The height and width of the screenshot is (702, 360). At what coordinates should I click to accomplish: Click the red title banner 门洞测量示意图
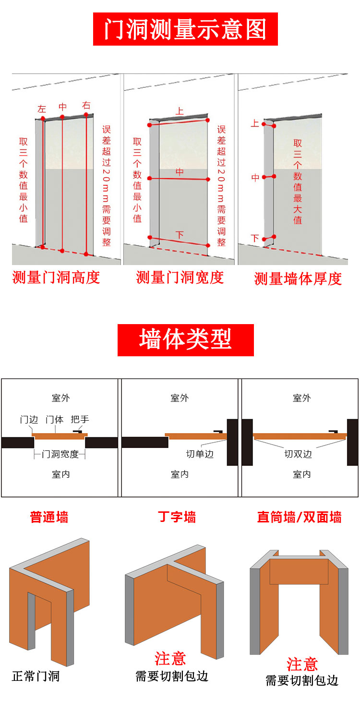point(185,29)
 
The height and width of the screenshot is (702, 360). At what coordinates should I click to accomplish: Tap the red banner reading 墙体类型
point(185,339)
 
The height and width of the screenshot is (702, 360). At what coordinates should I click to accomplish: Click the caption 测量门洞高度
point(56,278)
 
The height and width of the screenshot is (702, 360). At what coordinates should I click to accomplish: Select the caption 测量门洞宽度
point(180,278)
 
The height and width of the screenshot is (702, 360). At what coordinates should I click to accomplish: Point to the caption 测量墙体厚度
point(298,279)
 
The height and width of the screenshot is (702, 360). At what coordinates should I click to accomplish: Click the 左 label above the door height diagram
point(42,109)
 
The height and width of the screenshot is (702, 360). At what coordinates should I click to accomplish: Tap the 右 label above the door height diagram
point(86,106)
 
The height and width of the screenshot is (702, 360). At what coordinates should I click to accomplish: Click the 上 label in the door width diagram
point(180,111)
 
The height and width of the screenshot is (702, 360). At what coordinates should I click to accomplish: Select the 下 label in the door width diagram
point(180,235)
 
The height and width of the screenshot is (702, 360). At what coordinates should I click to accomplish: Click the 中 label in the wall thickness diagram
point(255,178)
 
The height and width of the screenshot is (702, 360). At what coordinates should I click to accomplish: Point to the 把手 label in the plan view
point(80,419)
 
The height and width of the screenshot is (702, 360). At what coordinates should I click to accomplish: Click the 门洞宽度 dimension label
point(60,454)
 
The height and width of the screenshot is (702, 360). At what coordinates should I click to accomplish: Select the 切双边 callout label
point(298,454)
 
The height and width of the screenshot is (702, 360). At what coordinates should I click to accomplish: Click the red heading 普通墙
point(49,517)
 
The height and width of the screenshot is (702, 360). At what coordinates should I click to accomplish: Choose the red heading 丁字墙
point(177,517)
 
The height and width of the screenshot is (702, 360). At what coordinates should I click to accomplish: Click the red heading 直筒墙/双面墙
point(299,517)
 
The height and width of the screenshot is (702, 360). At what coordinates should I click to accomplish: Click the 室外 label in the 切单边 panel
point(180,398)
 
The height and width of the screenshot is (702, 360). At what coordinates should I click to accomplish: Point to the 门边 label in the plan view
point(29,419)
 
